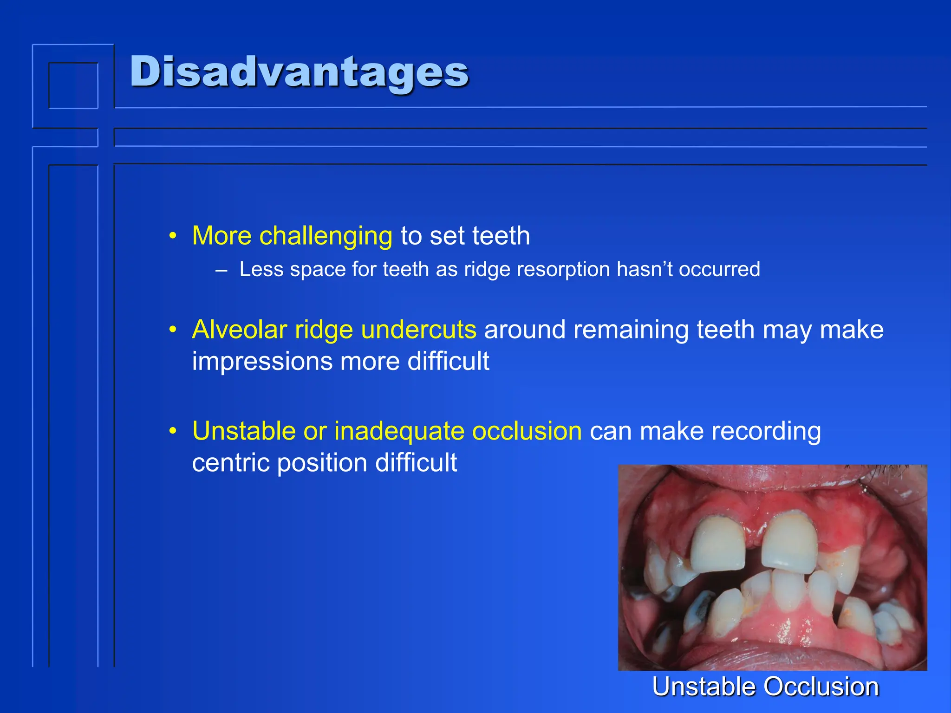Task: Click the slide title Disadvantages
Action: (300, 72)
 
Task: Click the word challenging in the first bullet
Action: (326, 236)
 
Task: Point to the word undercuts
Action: (418, 330)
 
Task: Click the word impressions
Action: (262, 362)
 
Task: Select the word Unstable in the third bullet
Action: (244, 431)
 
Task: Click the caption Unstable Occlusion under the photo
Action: (765, 687)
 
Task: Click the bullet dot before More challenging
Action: (173, 236)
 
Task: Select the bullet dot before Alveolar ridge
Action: (173, 330)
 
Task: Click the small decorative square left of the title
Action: (73, 85)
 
